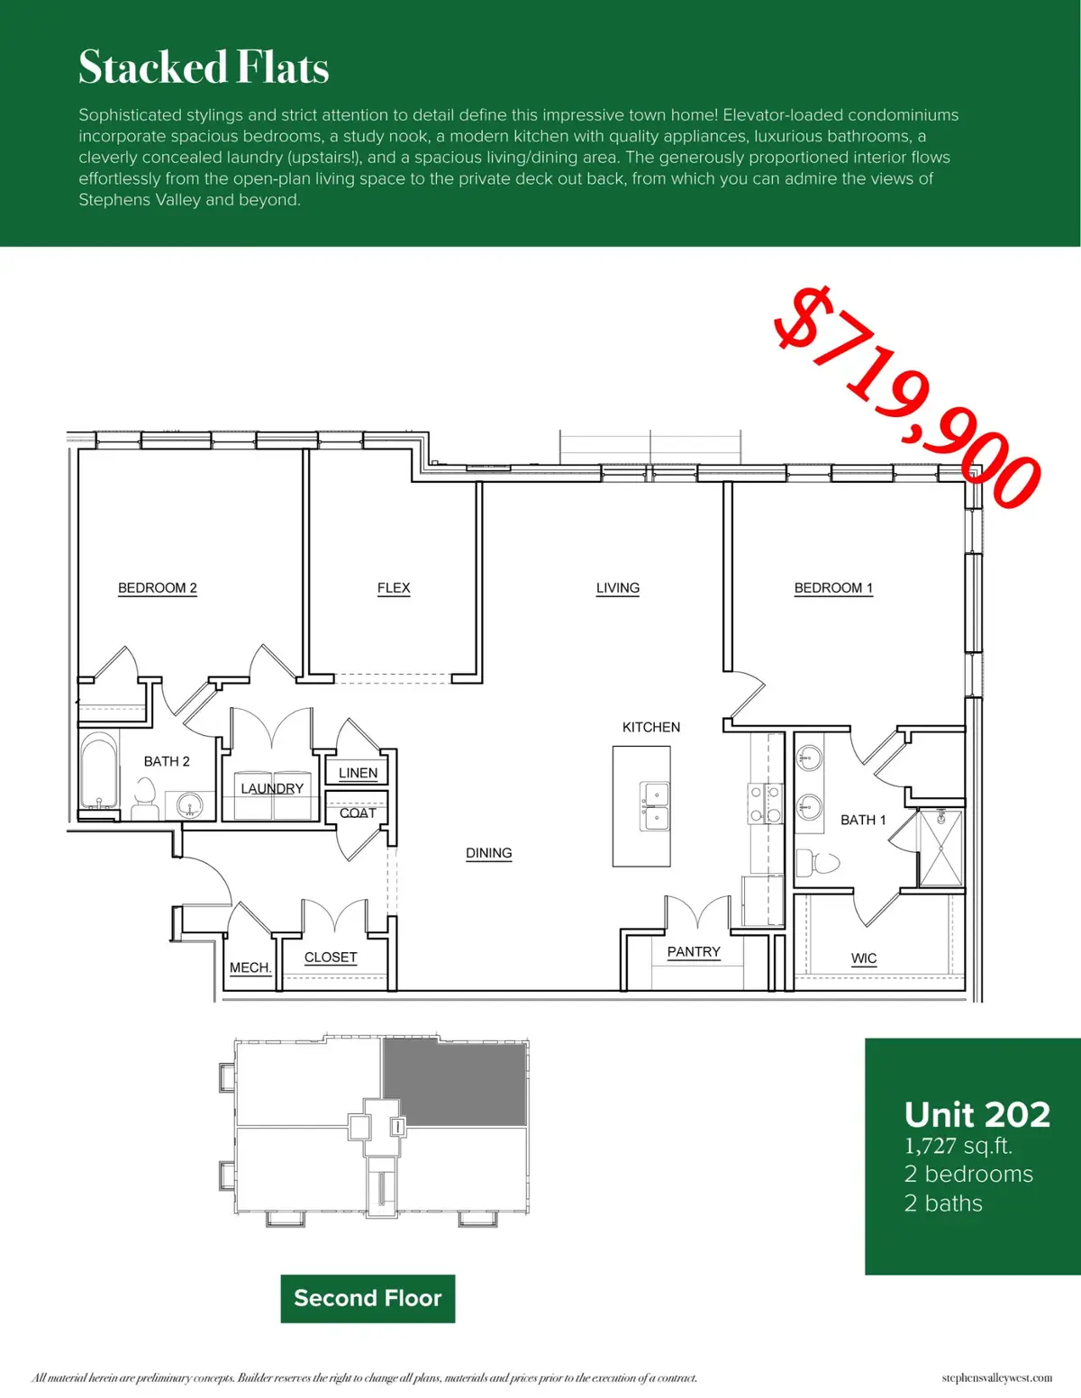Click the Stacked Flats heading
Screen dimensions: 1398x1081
[x=204, y=68]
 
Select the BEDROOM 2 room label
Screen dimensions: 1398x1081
[x=157, y=588]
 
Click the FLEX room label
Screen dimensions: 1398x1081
[x=394, y=588]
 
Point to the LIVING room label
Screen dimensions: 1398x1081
[x=618, y=588]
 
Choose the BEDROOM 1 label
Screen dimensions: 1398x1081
[x=833, y=588]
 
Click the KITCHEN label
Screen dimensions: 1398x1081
[x=651, y=727]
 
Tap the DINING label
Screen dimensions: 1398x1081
[x=488, y=853]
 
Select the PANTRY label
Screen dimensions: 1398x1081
[x=694, y=952]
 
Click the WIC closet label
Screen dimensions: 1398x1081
[x=864, y=958]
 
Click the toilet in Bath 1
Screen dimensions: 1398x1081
[x=816, y=863]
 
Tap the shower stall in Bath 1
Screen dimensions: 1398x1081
[x=940, y=848]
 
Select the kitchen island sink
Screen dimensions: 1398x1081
[x=655, y=806]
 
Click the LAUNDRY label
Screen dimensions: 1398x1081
[x=272, y=788]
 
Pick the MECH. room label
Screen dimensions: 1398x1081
[x=250, y=967]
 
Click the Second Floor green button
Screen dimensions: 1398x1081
[x=368, y=1298]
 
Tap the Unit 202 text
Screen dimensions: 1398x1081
[x=977, y=1115]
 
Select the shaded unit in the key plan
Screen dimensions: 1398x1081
[x=455, y=1084]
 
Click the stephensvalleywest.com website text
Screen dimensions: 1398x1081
[x=997, y=1377]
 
